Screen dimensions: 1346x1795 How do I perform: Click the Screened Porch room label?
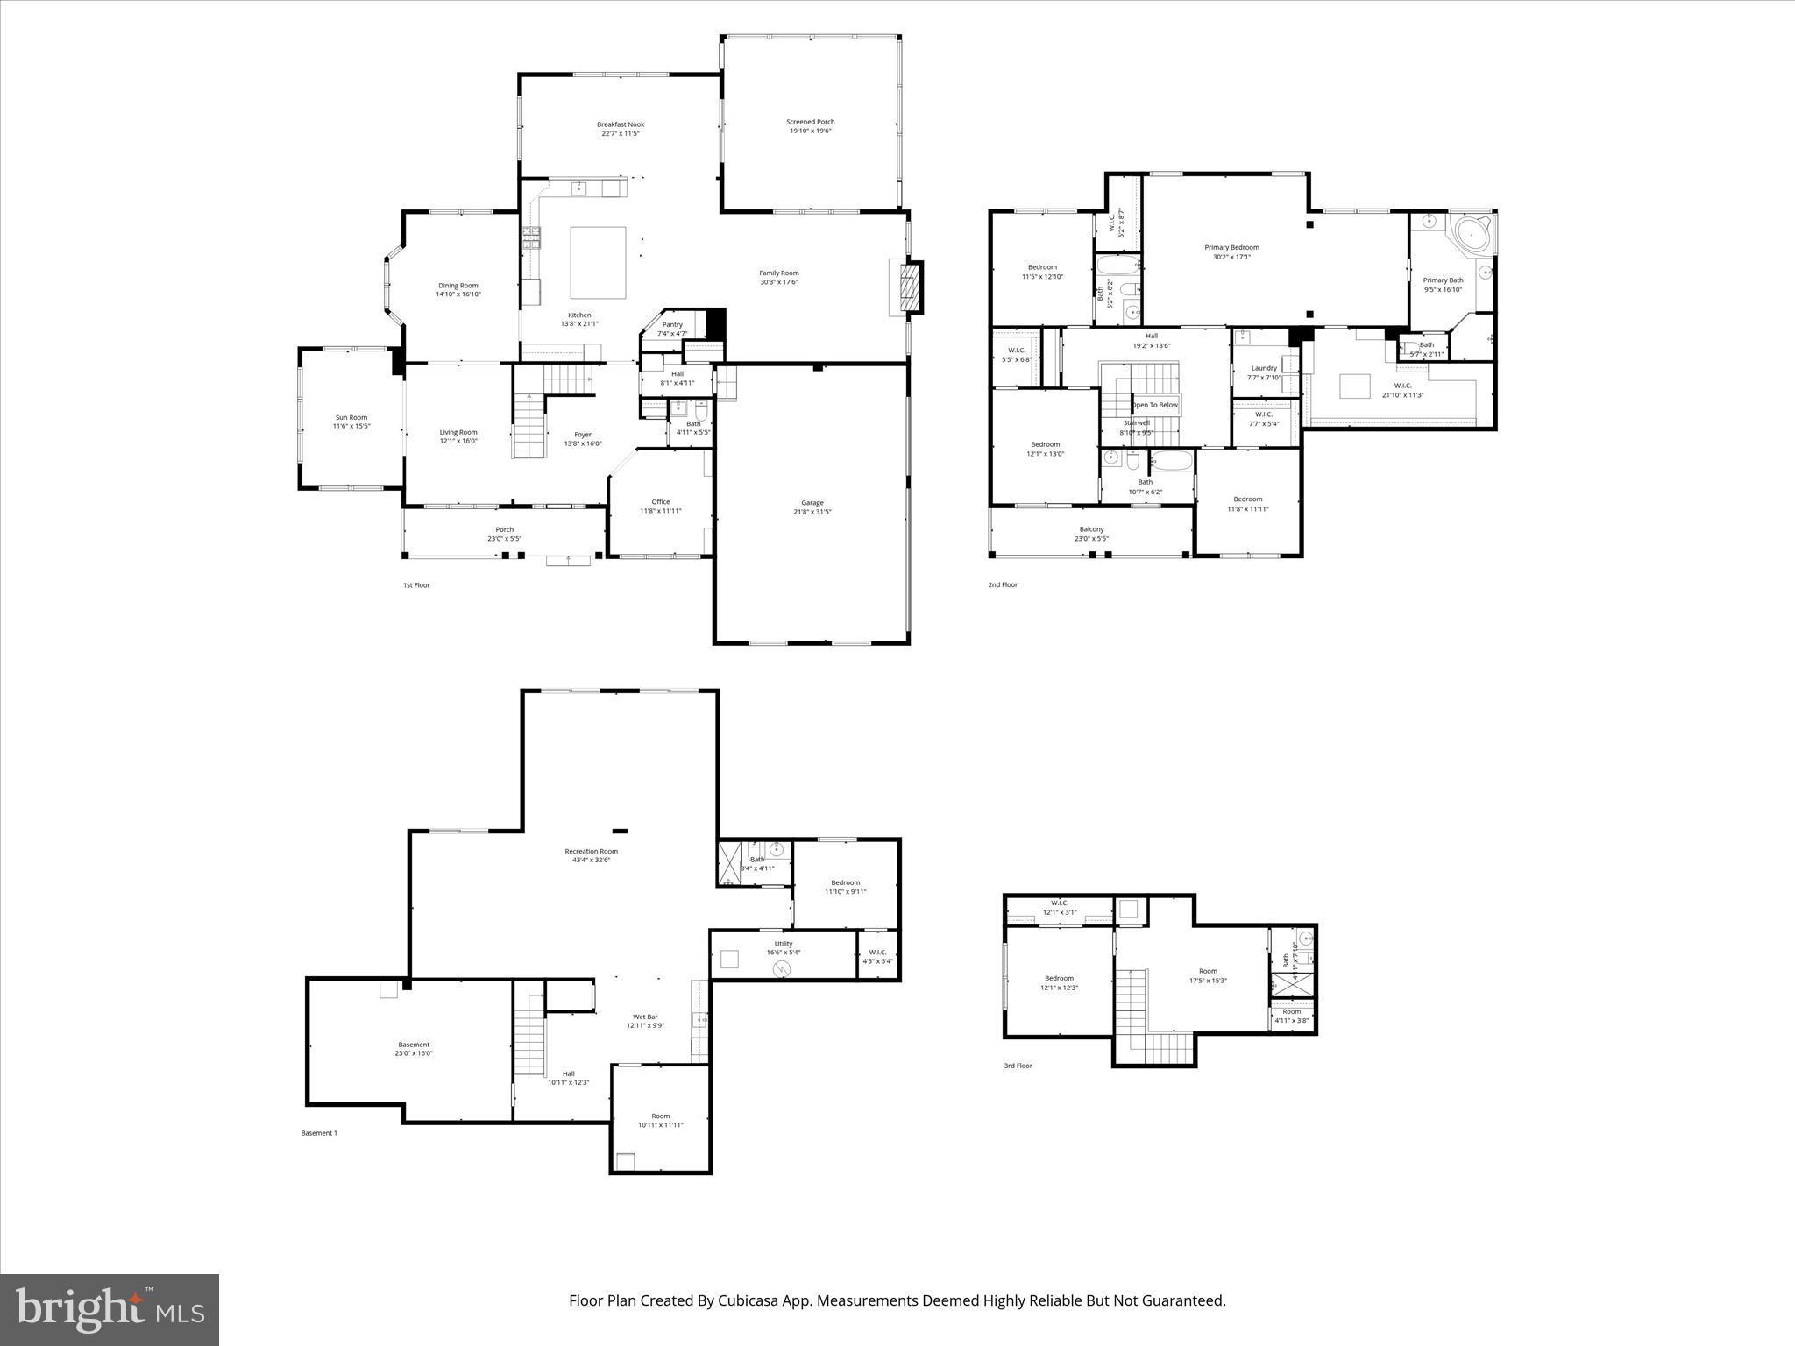point(810,122)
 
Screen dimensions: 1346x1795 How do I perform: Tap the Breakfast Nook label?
point(621,124)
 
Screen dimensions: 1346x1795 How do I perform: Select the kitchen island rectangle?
point(598,262)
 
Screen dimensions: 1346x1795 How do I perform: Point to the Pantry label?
point(672,324)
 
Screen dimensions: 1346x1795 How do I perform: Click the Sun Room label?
point(351,417)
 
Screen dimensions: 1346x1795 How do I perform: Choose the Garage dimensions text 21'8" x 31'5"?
point(812,512)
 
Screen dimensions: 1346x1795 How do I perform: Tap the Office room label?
point(660,502)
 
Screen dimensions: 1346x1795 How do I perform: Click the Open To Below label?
point(1154,405)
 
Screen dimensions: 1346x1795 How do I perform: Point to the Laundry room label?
point(1264,368)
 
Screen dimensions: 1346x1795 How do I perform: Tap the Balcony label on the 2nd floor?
point(1091,529)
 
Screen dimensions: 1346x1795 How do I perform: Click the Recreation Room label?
point(591,851)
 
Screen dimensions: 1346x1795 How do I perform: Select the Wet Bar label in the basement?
point(645,1017)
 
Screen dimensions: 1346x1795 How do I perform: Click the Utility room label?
point(783,944)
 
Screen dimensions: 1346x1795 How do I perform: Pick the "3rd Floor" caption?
point(1018,1066)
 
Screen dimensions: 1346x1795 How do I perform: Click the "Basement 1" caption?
point(319,1133)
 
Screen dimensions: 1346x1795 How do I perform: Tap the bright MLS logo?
point(110,1309)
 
